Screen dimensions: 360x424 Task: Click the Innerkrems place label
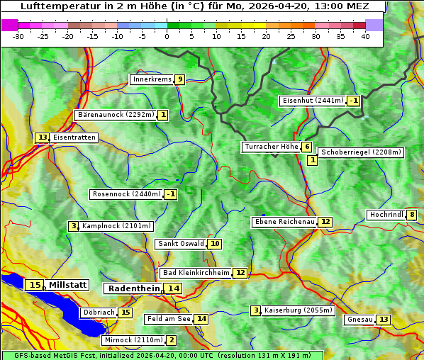(x=152, y=79)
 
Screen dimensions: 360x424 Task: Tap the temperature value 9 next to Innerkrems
(x=180, y=79)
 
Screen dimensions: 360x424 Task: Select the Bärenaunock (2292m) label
(x=116, y=114)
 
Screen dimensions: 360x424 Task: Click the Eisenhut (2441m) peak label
(x=313, y=101)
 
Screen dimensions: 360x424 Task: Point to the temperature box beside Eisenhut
(x=353, y=101)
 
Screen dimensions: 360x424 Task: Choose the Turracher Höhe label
(x=271, y=147)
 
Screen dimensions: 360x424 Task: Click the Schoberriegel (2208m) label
(x=361, y=152)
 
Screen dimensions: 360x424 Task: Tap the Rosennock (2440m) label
(x=127, y=194)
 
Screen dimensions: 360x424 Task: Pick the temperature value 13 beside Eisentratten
(x=43, y=137)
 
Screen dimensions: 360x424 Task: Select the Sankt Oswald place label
(x=181, y=244)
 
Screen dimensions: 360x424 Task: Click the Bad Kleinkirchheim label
(x=196, y=273)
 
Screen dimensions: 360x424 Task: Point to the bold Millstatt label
(x=67, y=285)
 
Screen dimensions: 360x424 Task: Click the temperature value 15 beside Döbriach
(x=125, y=313)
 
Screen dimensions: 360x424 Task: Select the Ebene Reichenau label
(x=284, y=222)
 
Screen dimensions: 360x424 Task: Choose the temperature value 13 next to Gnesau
(x=383, y=320)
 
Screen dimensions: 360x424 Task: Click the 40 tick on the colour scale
(x=365, y=36)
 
